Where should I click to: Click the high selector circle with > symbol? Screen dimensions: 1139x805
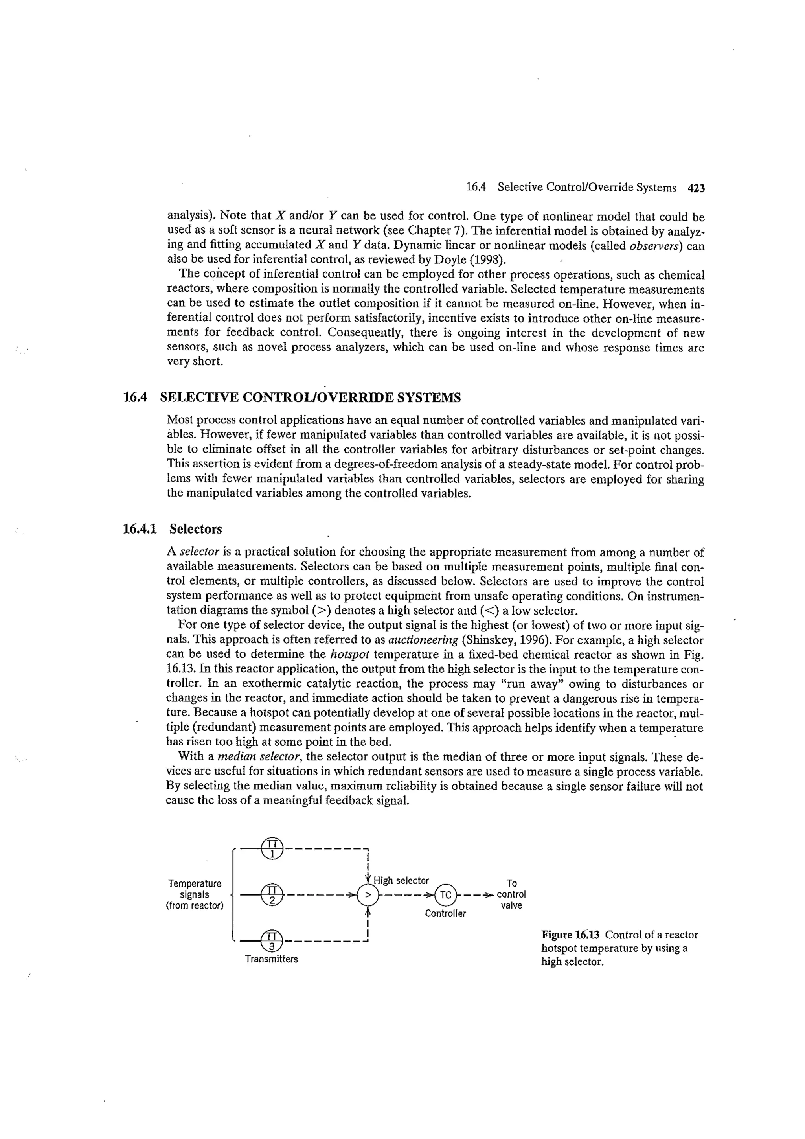coord(368,895)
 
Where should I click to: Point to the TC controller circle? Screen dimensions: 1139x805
coord(445,895)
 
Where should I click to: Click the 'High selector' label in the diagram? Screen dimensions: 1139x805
coord(401,881)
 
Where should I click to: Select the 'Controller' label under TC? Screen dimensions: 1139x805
coord(445,913)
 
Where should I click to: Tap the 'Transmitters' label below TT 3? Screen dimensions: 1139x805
coord(271,959)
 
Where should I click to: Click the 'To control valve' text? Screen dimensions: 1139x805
coord(511,894)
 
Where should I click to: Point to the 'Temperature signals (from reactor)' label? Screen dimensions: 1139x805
coord(195,894)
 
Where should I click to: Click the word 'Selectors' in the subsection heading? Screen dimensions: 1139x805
coord(195,529)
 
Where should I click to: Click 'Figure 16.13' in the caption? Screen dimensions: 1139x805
coord(570,935)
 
